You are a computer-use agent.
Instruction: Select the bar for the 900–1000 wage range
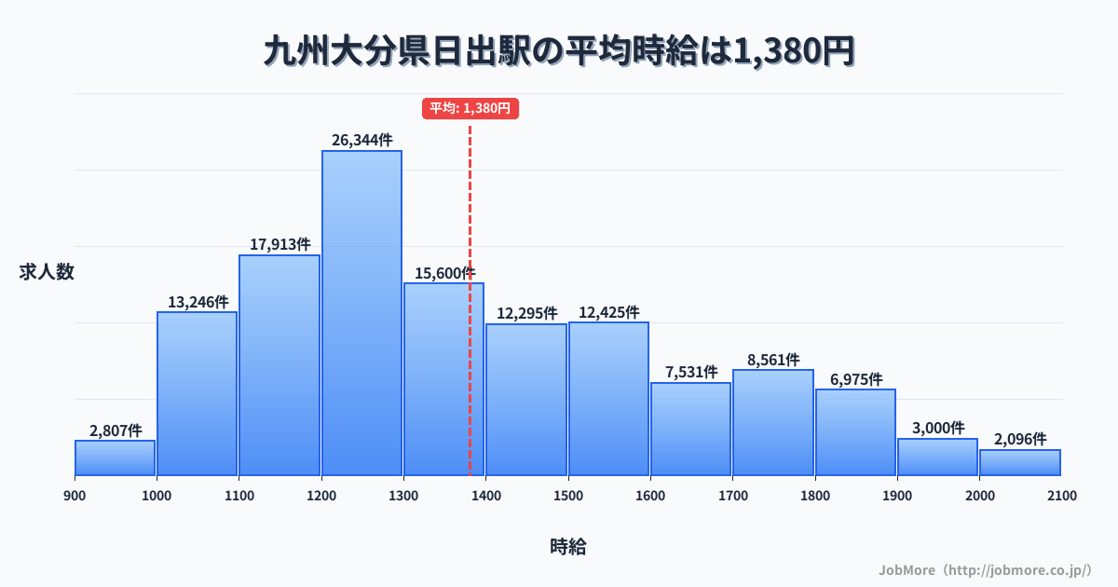[x=115, y=457]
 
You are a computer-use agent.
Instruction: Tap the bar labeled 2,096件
[x=1019, y=463]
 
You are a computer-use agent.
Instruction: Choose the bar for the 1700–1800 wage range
[x=773, y=423]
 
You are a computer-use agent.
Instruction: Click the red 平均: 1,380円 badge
[x=470, y=108]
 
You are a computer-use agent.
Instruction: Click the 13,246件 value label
[x=198, y=302]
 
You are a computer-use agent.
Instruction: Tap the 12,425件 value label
[x=608, y=312]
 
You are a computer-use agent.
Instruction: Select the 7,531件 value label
[x=691, y=372]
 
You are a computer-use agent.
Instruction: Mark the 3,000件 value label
[x=938, y=428]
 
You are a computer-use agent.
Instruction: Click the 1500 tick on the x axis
[x=568, y=496]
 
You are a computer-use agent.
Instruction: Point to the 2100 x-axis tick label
[x=1061, y=496]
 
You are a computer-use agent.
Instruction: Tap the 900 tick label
[x=75, y=496]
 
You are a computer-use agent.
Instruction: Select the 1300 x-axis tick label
[x=403, y=496]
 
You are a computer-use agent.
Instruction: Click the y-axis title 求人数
[x=46, y=272]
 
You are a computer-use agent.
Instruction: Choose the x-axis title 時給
[x=567, y=547]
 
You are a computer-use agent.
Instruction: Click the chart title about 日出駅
[x=559, y=52]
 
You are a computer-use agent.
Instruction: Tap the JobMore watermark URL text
[x=985, y=569]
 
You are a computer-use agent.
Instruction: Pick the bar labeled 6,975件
[x=855, y=432]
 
